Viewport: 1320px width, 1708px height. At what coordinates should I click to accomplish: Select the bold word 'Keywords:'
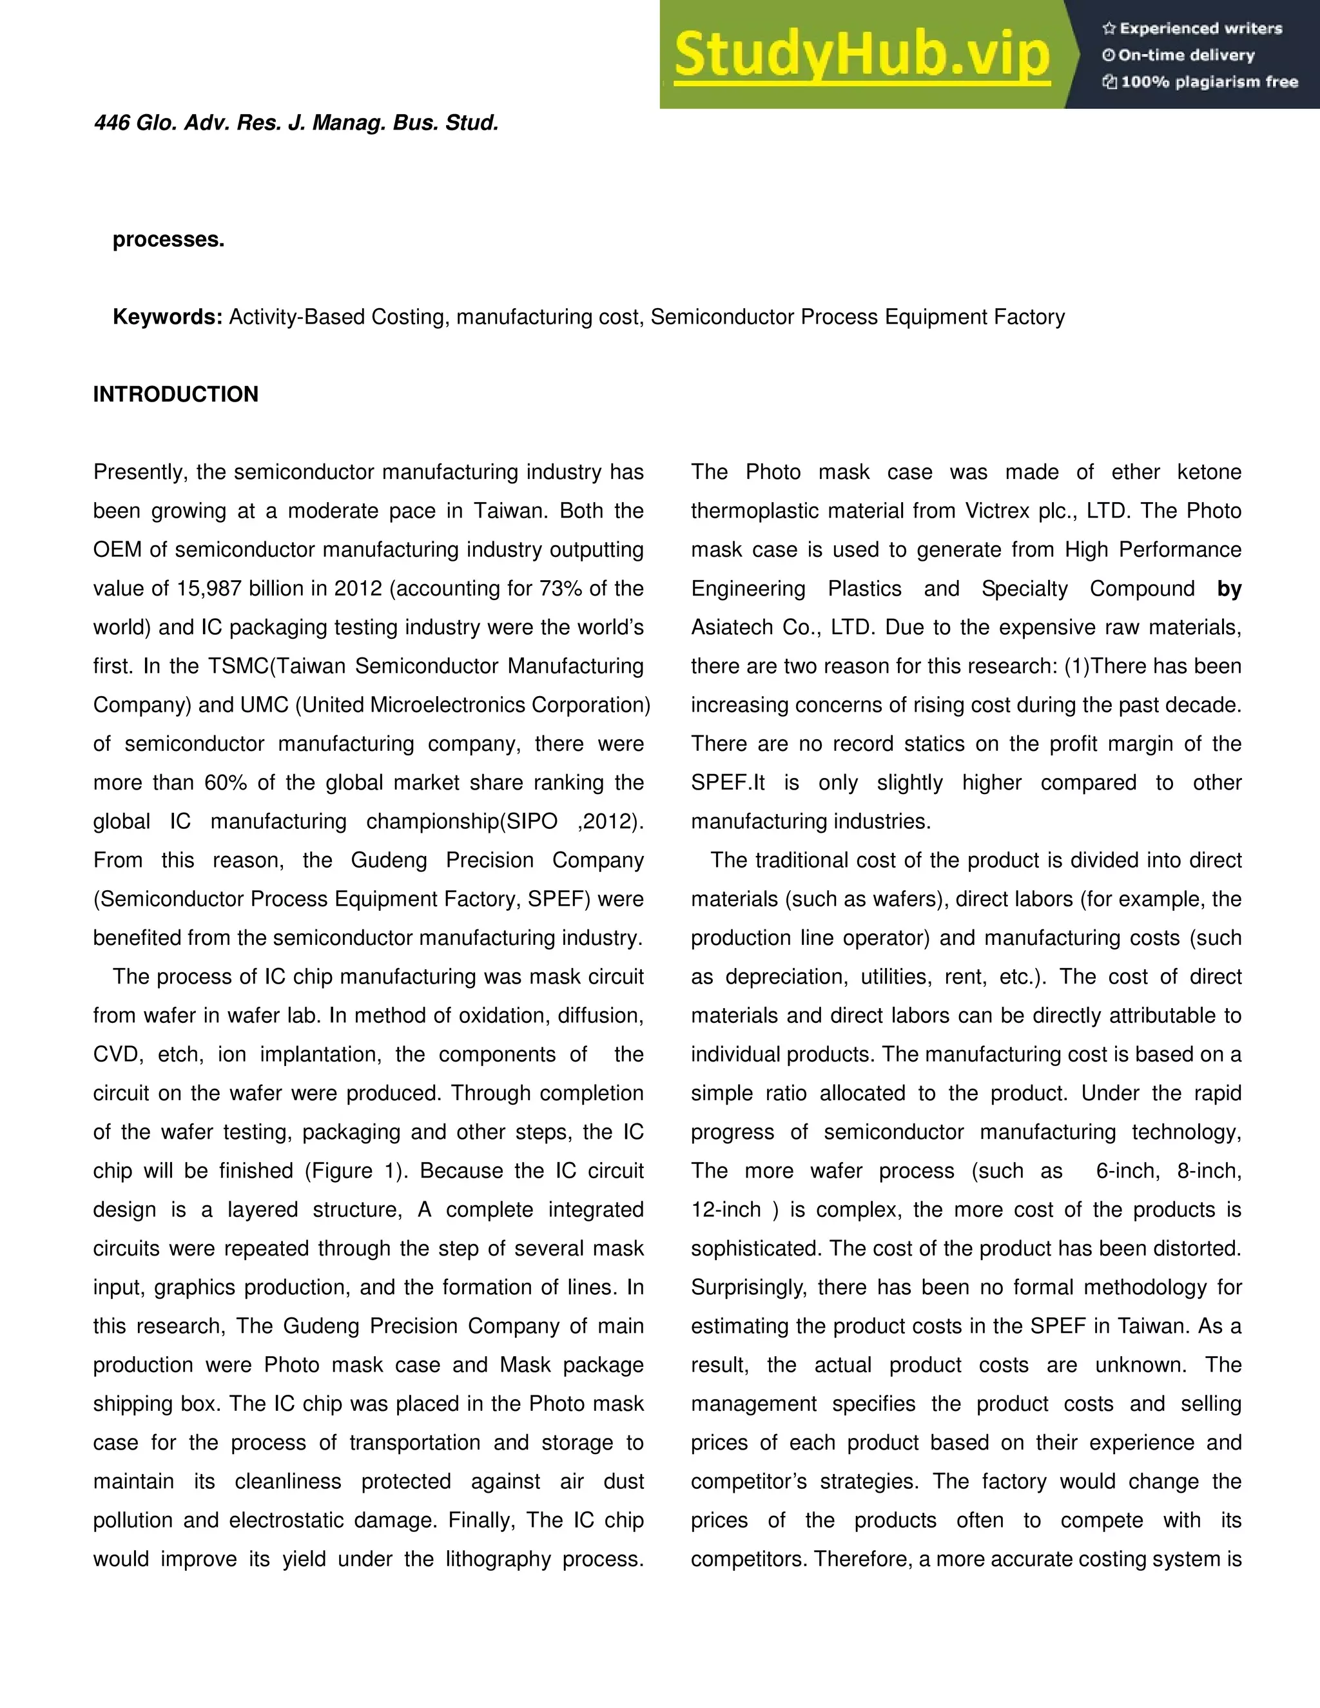click(x=168, y=316)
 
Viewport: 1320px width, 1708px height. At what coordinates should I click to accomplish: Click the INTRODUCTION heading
click(x=175, y=394)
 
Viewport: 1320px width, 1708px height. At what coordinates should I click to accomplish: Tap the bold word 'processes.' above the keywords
click(x=168, y=239)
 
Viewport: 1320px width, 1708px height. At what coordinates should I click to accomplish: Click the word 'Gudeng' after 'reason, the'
click(x=389, y=860)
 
